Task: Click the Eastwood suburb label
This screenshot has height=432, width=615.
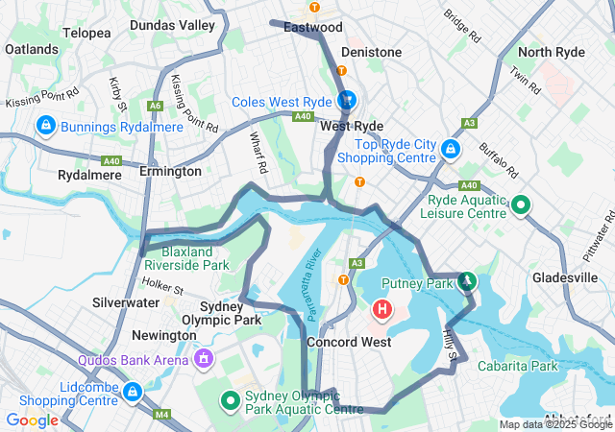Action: pos(313,27)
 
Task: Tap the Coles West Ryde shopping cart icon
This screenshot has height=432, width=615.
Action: pos(347,99)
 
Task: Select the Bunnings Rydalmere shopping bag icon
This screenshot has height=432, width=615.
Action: pos(44,125)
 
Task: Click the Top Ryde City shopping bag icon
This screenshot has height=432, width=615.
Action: pos(451,149)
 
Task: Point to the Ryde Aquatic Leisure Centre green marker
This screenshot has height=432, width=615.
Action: pos(520,204)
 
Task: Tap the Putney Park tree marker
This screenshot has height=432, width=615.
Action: pos(467,280)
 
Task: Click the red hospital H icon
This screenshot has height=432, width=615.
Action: pos(382,309)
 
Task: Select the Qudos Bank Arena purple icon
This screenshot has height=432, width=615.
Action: pos(203,358)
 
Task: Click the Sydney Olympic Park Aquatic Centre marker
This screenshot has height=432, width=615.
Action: pos(230,400)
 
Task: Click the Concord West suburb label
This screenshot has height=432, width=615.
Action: pos(348,342)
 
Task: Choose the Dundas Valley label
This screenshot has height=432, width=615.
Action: pos(172,25)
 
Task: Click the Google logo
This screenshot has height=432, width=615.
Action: pos(32,420)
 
